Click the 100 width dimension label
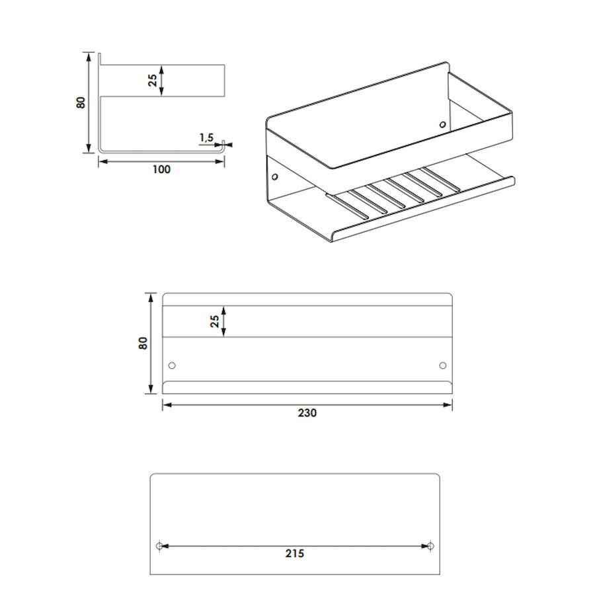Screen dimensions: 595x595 click(161, 169)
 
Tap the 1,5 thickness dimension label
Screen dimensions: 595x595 click(207, 138)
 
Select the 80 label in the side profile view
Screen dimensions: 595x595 click(81, 102)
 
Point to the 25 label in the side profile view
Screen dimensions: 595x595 click(152, 81)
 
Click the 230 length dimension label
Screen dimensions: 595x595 click(307, 413)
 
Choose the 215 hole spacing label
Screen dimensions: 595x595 click(295, 553)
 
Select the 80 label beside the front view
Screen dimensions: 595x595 click(143, 343)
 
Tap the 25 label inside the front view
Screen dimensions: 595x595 click(215, 321)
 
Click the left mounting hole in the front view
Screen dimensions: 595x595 click(172, 366)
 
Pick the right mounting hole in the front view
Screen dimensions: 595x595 click(442, 366)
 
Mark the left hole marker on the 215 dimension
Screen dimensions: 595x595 click(159, 546)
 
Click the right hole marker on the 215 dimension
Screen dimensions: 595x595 click(430, 546)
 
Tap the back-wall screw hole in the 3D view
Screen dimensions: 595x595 click(442, 124)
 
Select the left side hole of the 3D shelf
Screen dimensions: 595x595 click(275, 177)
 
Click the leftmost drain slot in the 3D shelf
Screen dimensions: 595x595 click(347, 207)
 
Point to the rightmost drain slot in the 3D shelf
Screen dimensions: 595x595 click(441, 179)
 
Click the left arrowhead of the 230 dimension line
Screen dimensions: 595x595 click(167, 405)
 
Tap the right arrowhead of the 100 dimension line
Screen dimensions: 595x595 click(219, 162)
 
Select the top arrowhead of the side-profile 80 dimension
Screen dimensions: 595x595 click(89, 58)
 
